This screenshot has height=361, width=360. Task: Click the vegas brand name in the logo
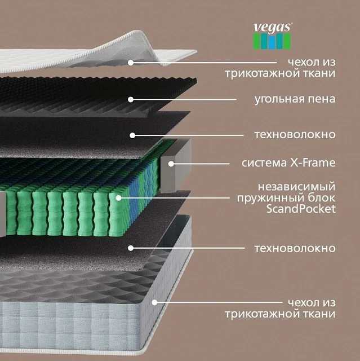(x=273, y=28)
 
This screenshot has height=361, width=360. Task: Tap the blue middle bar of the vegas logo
(x=272, y=42)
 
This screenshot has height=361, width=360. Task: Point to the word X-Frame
(x=313, y=163)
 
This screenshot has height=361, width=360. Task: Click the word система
(x=264, y=163)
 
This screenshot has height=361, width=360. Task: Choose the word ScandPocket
(x=301, y=209)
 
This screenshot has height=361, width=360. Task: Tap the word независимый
(x=297, y=187)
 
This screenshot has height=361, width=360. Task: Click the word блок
(x=322, y=197)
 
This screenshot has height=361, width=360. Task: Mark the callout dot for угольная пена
(x=131, y=99)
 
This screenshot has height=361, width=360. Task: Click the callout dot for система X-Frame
(x=171, y=164)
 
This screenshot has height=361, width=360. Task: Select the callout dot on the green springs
(x=118, y=198)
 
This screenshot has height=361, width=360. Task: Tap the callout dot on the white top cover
(x=131, y=63)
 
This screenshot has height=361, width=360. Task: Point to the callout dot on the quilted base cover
(x=155, y=302)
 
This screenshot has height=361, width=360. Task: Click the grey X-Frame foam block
(x=175, y=166)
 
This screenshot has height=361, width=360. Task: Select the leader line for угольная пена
(x=184, y=99)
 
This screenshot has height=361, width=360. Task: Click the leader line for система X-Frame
(x=200, y=164)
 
